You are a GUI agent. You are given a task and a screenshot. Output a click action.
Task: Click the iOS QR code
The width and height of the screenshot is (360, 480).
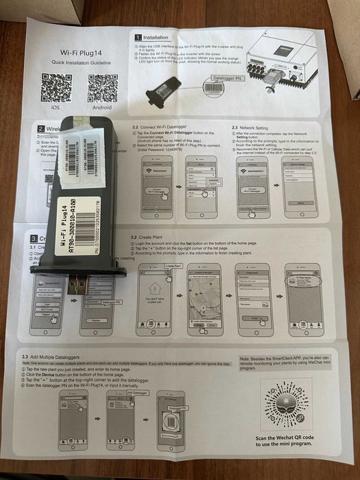coord(56,87)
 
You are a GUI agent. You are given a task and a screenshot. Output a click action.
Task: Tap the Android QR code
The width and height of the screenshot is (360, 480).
coord(102,87)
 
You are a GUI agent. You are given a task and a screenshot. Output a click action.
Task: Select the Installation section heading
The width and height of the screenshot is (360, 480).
coord(155,37)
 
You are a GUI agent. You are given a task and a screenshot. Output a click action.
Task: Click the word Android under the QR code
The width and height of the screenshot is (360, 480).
coord(103,108)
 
